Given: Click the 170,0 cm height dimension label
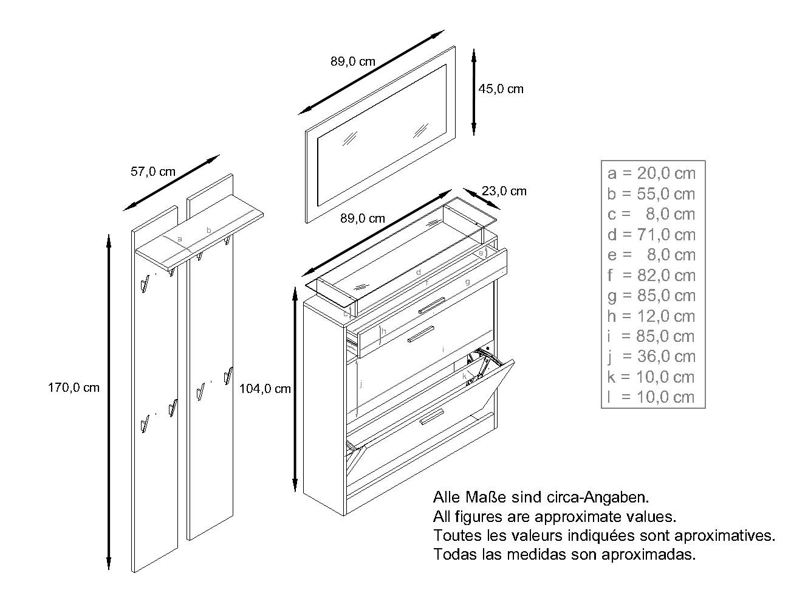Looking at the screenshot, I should click(74, 388).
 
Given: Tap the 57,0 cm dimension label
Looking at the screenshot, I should click(153, 172).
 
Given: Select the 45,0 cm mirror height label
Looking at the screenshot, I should click(501, 89).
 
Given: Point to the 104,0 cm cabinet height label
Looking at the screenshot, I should click(265, 389).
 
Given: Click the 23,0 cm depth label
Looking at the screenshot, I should click(504, 191).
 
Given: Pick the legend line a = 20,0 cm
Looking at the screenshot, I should click(651, 173).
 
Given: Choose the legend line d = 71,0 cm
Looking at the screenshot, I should click(651, 234).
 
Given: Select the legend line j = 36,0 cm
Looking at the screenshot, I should click(651, 356).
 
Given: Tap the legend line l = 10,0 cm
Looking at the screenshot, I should click(651, 397).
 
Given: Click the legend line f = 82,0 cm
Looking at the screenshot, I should click(651, 275).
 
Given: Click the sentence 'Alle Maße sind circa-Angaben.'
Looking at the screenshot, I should click(541, 498).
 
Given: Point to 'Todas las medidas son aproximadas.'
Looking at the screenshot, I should click(564, 554).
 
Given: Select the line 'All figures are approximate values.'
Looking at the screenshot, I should click(555, 516).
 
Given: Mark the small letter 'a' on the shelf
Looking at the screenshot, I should click(180, 239).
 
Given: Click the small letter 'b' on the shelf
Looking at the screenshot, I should click(209, 230).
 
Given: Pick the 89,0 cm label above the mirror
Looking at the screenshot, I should click(353, 61).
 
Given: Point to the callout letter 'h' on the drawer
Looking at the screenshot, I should click(384, 332).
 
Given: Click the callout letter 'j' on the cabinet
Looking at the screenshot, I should click(361, 384).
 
